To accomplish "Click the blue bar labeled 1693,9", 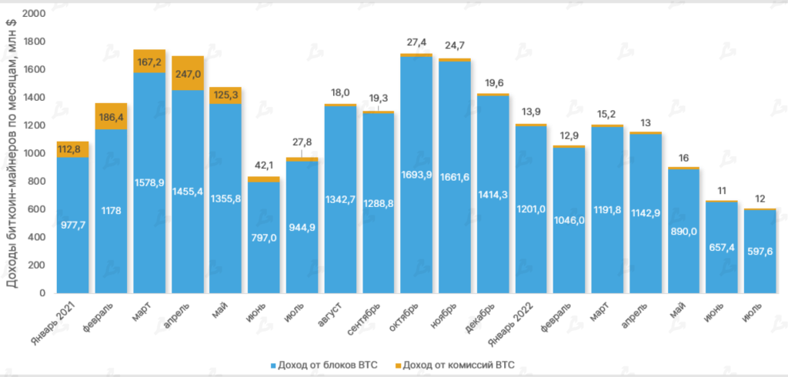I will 416,175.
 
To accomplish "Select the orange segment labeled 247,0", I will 188,73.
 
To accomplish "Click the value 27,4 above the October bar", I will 416,42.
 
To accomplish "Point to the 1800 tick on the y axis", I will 35,42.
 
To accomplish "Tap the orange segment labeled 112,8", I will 72,149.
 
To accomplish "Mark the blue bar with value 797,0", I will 264,238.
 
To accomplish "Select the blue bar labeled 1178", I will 112,211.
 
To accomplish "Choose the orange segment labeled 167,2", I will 149,61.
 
